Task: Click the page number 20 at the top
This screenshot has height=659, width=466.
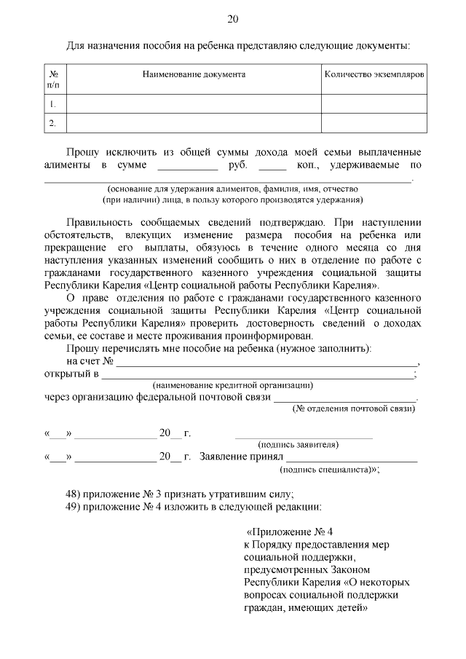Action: pyautogui.click(x=233, y=19)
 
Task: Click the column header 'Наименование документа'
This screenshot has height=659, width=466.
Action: pyautogui.click(x=194, y=74)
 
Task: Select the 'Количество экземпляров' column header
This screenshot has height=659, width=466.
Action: pyautogui.click(x=374, y=74)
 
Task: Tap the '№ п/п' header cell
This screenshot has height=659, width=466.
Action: pyautogui.click(x=53, y=79)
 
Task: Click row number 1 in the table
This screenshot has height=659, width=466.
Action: pyautogui.click(x=52, y=104)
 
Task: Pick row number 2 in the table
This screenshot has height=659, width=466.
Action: pyautogui.click(x=52, y=123)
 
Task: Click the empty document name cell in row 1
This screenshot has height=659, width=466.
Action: pyautogui.click(x=194, y=104)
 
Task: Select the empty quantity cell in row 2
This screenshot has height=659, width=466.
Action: pyautogui.click(x=374, y=123)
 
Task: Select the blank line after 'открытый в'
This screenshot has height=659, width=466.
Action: pyautogui.click(x=256, y=374)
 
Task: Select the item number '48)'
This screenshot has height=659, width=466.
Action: pyautogui.click(x=74, y=493)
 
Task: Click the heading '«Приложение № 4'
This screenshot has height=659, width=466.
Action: pyautogui.click(x=289, y=532)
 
